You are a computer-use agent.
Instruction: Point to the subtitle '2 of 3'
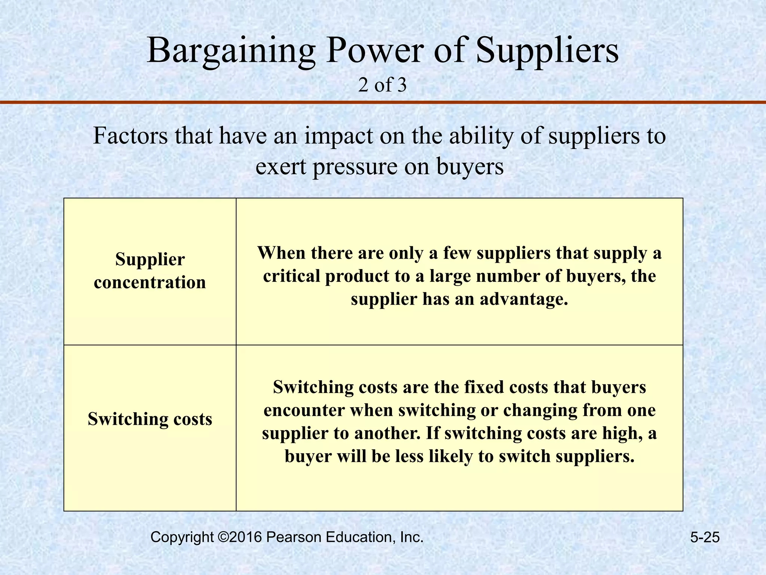click(x=382, y=85)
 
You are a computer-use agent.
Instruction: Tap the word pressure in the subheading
click(x=355, y=167)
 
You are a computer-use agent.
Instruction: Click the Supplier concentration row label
click(x=150, y=271)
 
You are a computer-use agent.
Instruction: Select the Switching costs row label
click(x=150, y=419)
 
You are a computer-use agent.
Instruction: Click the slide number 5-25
click(x=705, y=538)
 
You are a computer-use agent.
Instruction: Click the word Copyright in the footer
click(x=182, y=537)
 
